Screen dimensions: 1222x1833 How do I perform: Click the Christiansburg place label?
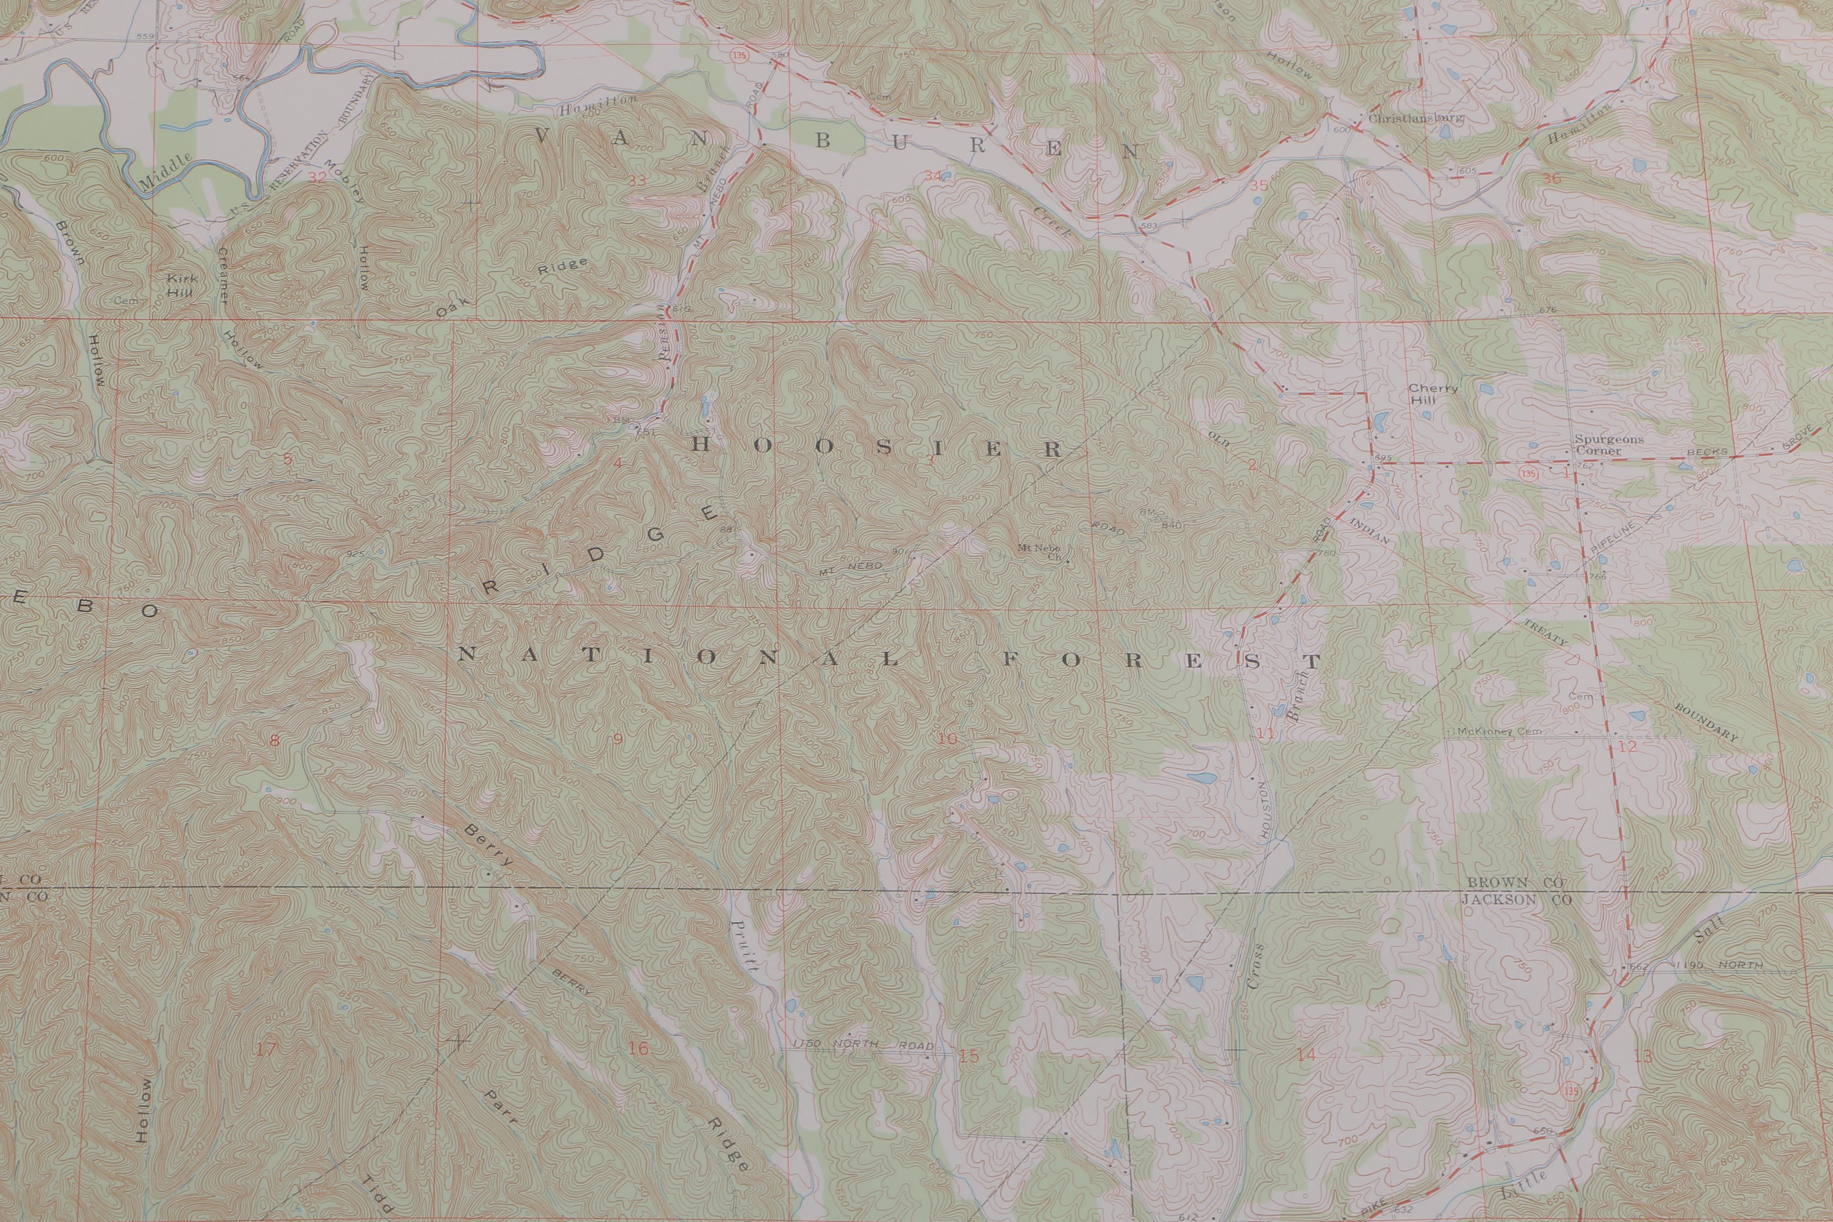click(1415, 119)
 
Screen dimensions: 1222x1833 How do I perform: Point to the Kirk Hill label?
click(181, 284)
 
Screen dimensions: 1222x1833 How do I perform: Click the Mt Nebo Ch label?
click(1040, 551)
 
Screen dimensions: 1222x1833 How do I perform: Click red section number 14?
click(1305, 1055)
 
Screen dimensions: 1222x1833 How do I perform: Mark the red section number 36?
click(1551, 178)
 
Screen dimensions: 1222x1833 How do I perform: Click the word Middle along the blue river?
click(165, 171)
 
